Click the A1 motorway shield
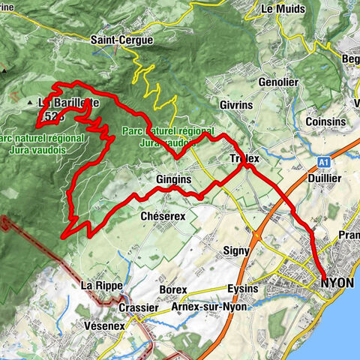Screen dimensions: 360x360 [323, 160]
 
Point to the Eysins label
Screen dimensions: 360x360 [241, 289]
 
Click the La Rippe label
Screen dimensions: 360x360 [99, 286]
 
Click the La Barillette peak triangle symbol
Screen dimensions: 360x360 [31, 102]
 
